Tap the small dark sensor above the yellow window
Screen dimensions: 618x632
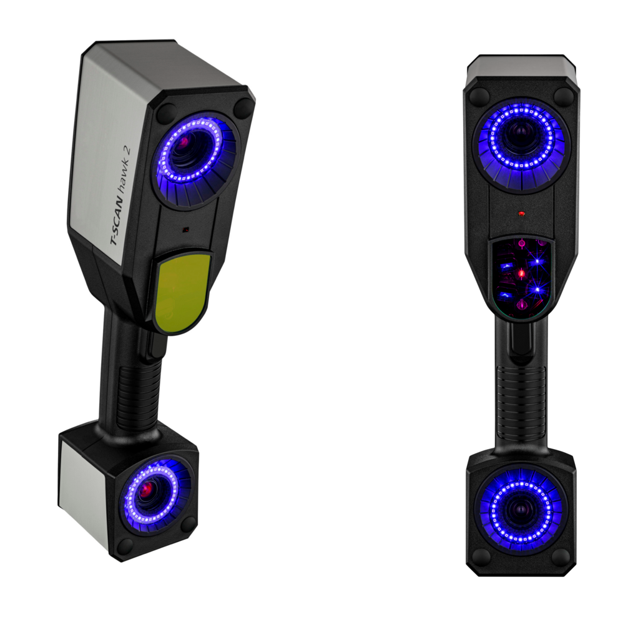tap(185, 230)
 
